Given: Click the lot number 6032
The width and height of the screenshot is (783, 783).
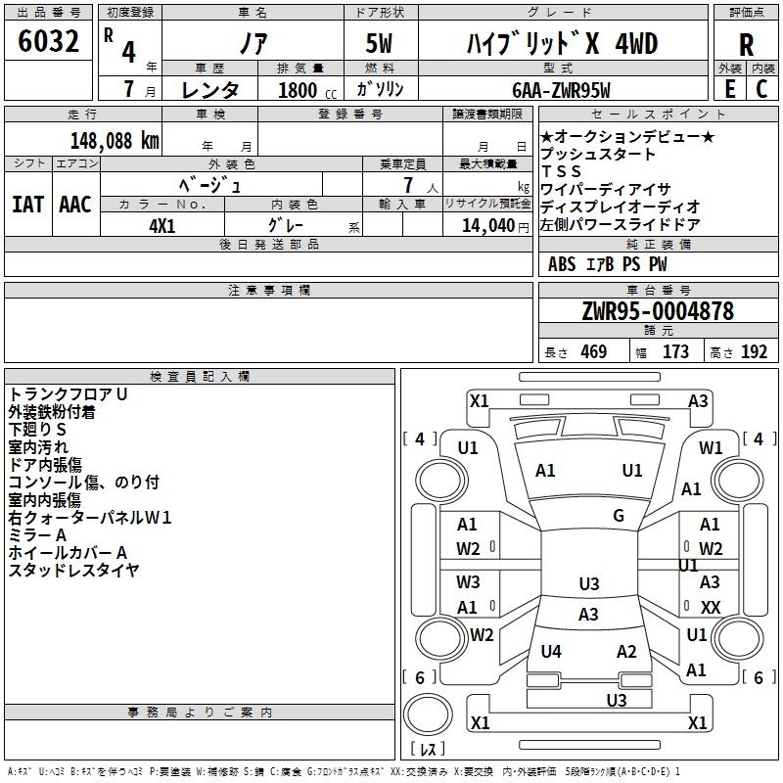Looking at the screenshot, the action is click(48, 41).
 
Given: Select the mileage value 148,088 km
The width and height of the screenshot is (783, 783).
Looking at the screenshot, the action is click(115, 141).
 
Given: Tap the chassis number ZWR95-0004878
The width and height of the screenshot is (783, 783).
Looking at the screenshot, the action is click(658, 311).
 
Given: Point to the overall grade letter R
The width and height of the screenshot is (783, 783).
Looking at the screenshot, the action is click(746, 45).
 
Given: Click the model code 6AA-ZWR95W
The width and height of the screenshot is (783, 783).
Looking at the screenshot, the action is click(561, 90).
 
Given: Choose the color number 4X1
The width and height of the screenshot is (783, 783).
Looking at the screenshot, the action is click(162, 226).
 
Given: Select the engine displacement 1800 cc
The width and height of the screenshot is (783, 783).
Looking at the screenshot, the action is click(307, 90).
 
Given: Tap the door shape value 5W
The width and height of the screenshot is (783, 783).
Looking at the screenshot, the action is click(379, 43).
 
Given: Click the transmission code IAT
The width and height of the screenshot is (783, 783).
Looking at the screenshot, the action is click(28, 205).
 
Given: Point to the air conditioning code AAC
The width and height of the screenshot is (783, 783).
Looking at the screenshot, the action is click(75, 205).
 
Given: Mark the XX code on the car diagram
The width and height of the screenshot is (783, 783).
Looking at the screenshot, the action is click(711, 607).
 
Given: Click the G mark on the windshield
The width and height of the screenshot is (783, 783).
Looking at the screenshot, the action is click(619, 515).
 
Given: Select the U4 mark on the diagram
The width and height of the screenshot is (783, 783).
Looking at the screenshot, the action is click(551, 651).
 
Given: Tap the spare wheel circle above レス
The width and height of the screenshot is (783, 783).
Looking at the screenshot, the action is click(428, 714).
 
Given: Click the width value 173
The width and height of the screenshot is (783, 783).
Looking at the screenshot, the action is click(675, 351).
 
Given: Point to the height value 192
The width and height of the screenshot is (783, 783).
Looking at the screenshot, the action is click(754, 351).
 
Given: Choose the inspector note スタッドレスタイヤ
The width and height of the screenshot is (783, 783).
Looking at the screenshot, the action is click(74, 570).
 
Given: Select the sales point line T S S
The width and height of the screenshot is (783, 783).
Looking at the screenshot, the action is click(561, 171).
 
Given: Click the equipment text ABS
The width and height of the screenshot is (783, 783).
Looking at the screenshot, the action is click(562, 264).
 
